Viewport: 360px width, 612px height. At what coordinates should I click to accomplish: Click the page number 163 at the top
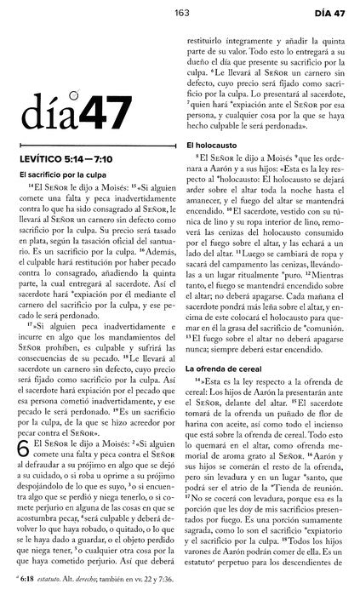pos(180,11)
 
